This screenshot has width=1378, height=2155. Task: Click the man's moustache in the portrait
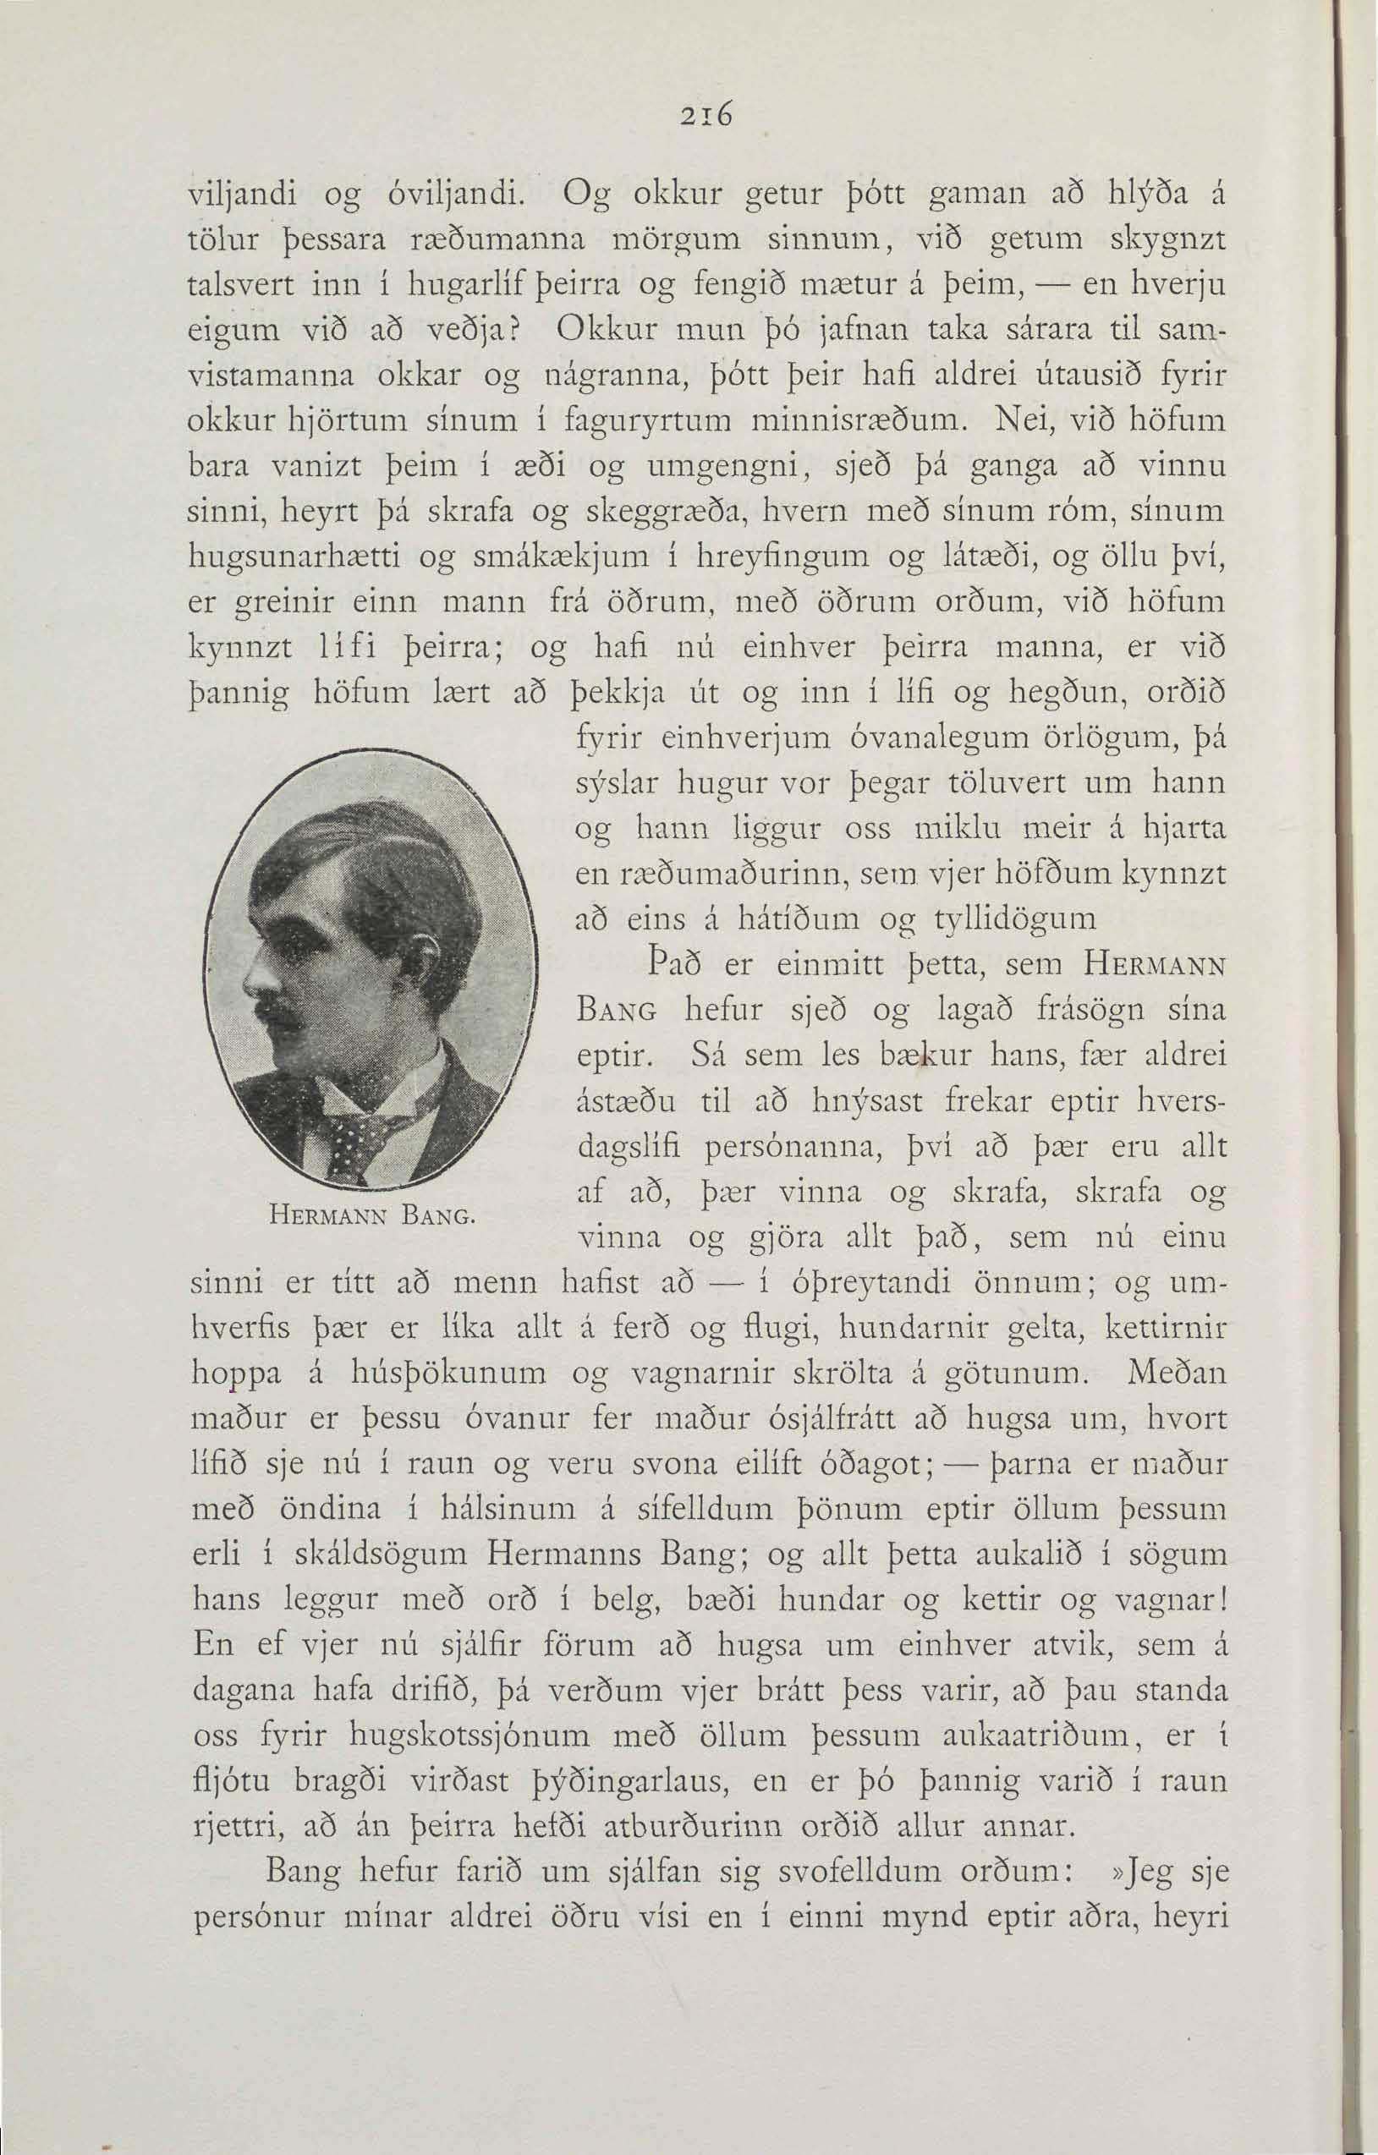click(275, 1012)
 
